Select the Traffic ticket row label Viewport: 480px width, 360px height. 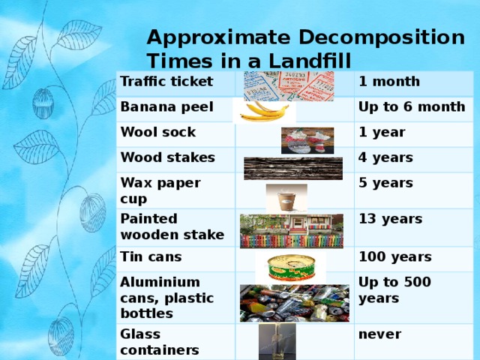(x=166, y=81)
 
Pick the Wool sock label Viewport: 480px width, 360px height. (x=158, y=133)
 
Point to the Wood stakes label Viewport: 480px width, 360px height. (x=168, y=158)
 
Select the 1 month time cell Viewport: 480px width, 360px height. (x=388, y=82)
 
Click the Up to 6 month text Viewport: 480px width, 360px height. (x=412, y=108)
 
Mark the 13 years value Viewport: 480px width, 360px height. (x=390, y=219)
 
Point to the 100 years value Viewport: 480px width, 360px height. (x=395, y=257)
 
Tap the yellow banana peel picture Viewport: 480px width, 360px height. (x=261, y=111)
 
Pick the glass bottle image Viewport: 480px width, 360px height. (x=271, y=342)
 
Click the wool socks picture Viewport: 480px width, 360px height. (x=307, y=139)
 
